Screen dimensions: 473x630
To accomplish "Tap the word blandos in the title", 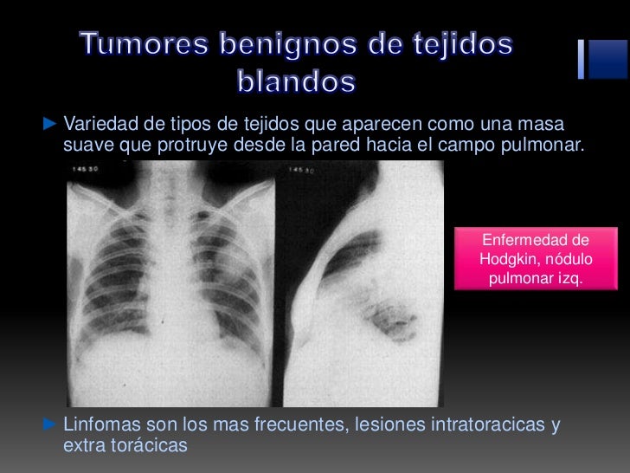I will point(296,82).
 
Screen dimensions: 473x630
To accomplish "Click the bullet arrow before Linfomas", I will point(49,425).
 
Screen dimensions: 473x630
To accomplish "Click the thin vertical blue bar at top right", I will point(582,59).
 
